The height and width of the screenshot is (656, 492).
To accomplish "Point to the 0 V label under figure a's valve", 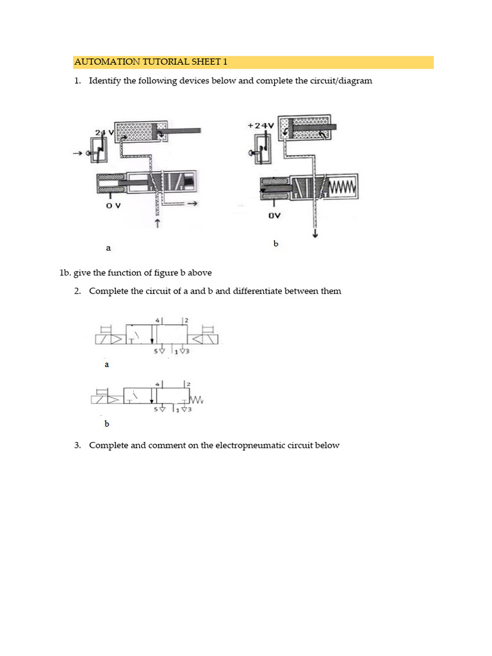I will [x=113, y=207].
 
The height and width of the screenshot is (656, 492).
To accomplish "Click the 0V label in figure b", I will [x=274, y=216].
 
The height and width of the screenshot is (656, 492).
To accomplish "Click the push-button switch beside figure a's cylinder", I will [x=97, y=152].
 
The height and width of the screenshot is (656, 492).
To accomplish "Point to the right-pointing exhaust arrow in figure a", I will [x=190, y=204].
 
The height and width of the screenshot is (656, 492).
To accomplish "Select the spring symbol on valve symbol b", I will [x=195, y=401].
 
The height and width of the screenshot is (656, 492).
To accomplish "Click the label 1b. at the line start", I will [x=65, y=273].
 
